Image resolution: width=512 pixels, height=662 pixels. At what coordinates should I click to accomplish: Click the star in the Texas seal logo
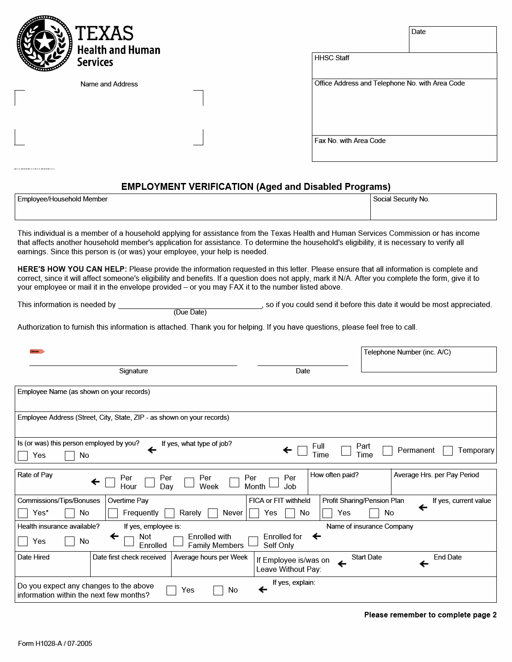click(x=45, y=43)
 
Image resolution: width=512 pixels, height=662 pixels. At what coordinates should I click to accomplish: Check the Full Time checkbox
click(x=302, y=451)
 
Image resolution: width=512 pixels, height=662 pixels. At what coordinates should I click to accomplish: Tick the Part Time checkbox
click(x=346, y=451)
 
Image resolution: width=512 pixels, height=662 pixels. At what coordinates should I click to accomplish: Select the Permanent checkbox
click(x=388, y=451)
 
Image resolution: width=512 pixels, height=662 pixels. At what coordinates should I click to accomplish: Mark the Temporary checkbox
click(x=448, y=451)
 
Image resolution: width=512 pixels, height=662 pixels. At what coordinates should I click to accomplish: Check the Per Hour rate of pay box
click(x=110, y=482)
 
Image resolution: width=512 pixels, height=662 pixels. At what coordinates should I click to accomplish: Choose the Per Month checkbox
click(x=235, y=482)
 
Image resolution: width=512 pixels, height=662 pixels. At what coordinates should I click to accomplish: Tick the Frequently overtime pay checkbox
click(x=113, y=513)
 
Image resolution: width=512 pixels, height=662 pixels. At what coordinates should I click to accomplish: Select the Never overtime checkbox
click(x=213, y=513)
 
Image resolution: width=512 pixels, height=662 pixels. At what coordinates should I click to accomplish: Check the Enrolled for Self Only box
click(x=253, y=541)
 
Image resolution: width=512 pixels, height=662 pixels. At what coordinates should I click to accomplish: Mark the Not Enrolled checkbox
click(x=129, y=541)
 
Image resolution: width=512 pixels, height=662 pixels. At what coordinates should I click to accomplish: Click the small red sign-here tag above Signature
click(x=37, y=352)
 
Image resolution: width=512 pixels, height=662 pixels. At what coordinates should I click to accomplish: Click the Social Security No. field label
click(x=401, y=199)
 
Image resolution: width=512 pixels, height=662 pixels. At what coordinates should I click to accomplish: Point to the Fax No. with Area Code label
click(x=350, y=141)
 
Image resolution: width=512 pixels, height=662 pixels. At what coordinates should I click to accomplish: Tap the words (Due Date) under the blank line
click(x=190, y=313)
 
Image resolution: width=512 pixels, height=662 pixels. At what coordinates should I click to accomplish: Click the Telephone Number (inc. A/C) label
click(x=407, y=352)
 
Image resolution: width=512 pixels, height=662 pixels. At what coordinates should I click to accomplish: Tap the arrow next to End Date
click(x=424, y=564)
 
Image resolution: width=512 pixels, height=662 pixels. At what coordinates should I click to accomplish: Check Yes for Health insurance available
click(x=23, y=542)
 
